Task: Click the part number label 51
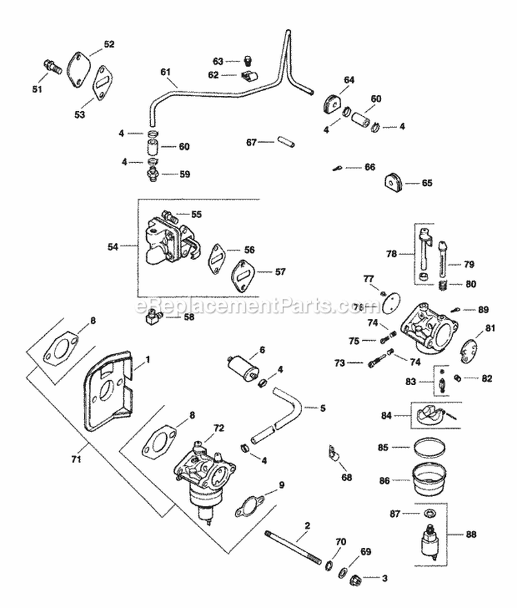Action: pos(37,89)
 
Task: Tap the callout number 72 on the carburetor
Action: pos(219,429)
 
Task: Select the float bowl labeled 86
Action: pos(432,479)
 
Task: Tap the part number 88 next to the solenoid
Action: pos(471,533)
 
